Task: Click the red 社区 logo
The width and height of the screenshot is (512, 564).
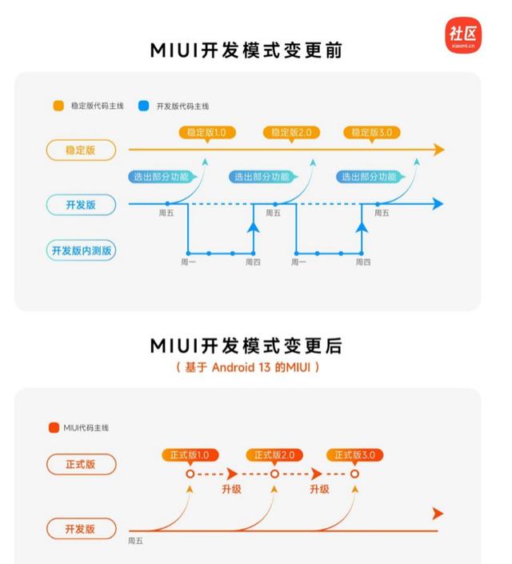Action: click(463, 35)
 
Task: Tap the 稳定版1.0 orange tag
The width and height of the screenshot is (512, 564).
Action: click(207, 133)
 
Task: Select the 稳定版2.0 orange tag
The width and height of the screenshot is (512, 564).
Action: click(291, 133)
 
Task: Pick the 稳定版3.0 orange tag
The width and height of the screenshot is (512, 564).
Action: click(372, 133)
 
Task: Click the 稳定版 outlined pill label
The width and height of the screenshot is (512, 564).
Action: click(81, 150)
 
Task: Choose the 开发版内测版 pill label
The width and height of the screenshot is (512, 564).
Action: click(81, 250)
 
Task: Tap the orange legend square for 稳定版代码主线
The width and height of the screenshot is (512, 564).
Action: click(58, 106)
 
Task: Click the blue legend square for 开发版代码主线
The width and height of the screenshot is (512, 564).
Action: click(143, 106)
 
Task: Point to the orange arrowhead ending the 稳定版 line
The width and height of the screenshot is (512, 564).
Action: click(439, 150)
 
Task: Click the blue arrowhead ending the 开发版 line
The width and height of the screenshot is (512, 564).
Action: click(438, 204)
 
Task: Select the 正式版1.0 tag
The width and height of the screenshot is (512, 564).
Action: click(190, 455)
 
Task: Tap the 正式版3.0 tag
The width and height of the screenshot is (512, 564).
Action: click(354, 455)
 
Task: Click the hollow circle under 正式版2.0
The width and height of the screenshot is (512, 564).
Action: click(274, 474)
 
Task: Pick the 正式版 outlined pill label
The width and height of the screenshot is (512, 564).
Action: click(82, 464)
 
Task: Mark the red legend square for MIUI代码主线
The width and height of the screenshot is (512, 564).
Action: click(54, 428)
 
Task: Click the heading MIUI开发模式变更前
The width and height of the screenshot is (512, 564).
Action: click(246, 50)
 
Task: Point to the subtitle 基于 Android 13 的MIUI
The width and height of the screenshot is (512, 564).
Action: click(247, 367)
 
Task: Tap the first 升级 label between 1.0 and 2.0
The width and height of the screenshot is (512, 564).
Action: click(231, 489)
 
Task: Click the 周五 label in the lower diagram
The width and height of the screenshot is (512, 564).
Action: click(135, 541)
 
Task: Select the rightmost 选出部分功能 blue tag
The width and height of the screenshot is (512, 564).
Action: click(370, 177)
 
